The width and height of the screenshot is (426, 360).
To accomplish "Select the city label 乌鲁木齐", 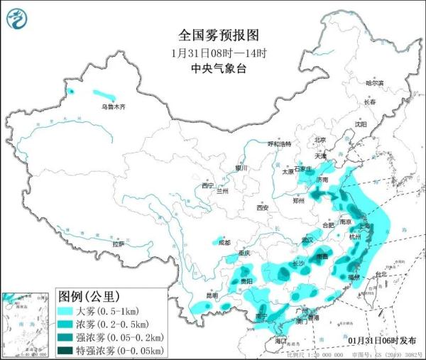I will point(112,107).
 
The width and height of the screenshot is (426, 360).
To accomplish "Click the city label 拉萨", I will point(118,244).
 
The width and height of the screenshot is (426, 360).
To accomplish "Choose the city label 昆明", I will point(192,295).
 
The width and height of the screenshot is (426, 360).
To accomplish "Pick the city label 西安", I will point(263,207).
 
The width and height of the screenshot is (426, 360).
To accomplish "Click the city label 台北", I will point(381,274).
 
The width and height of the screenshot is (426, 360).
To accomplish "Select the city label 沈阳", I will point(363,124).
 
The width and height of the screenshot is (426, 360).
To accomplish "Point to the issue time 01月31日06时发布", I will point(383,340).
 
